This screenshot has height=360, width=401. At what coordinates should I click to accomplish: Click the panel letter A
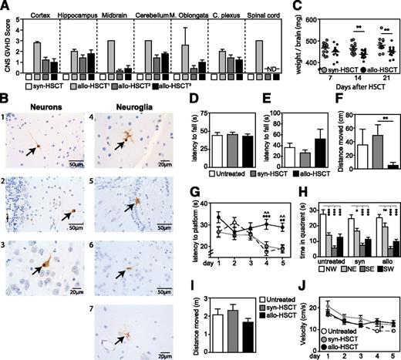(5, 6)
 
